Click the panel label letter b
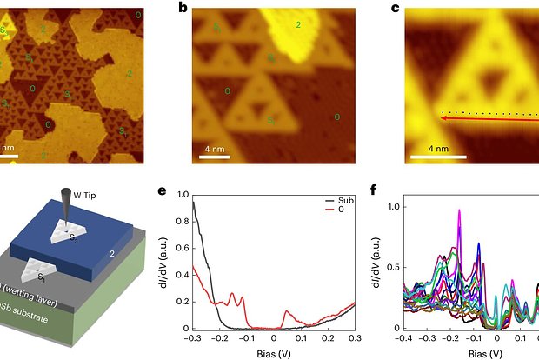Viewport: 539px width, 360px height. click(x=183, y=9)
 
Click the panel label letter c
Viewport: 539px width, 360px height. click(x=396, y=9)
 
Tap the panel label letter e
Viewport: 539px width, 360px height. click(x=183, y=190)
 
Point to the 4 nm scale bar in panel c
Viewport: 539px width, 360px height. click(x=429, y=157)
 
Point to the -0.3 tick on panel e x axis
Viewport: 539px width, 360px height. click(x=191, y=337)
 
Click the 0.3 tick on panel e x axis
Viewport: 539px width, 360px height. click(x=354, y=337)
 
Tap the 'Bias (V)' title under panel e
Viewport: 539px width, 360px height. click(x=272, y=352)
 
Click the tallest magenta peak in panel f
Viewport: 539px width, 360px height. click(x=460, y=211)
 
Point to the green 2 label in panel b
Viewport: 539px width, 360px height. click(x=298, y=26)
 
